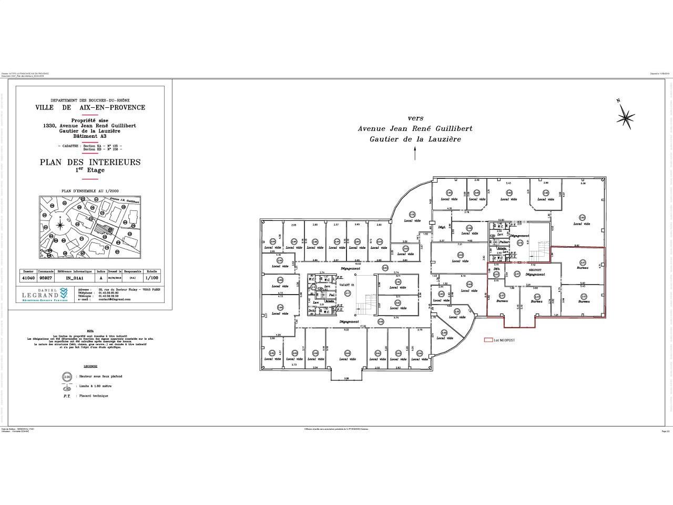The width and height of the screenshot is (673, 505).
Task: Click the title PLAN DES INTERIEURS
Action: point(90,162)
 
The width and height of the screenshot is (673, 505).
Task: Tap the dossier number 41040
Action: point(27,278)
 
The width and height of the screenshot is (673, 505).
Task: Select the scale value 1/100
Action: point(152,278)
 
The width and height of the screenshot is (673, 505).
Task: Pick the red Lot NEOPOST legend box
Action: point(487,340)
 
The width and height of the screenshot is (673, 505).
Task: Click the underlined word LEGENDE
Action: point(90,365)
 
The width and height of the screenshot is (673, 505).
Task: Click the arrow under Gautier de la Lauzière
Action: point(415,153)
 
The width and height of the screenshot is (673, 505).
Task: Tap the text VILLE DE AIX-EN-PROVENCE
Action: point(90,107)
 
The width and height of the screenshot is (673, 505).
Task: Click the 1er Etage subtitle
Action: point(90,170)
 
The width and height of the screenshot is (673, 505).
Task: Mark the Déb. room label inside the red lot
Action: point(496,270)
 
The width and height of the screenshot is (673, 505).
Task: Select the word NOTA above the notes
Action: point(90,331)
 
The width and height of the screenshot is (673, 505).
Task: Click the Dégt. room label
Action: point(442,227)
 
